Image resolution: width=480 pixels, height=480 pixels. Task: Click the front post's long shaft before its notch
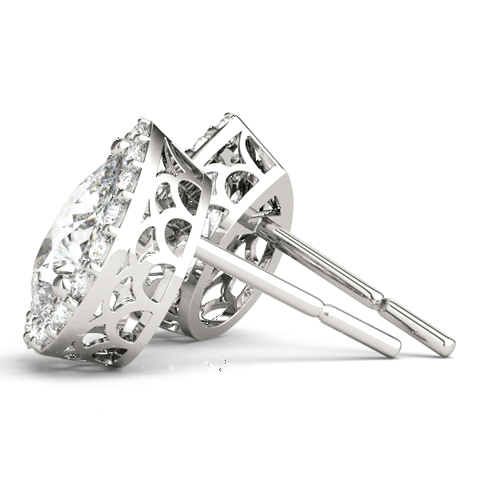264,276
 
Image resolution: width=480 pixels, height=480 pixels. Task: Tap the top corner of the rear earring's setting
232,115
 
